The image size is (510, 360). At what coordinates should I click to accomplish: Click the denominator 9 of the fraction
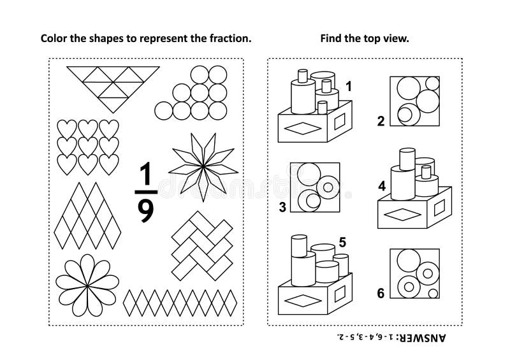146,210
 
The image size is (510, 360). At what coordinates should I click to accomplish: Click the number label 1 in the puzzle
349,85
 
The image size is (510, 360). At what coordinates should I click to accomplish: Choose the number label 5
342,241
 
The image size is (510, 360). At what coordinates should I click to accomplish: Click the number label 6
381,293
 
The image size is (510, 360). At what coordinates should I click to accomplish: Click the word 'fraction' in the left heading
231,38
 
